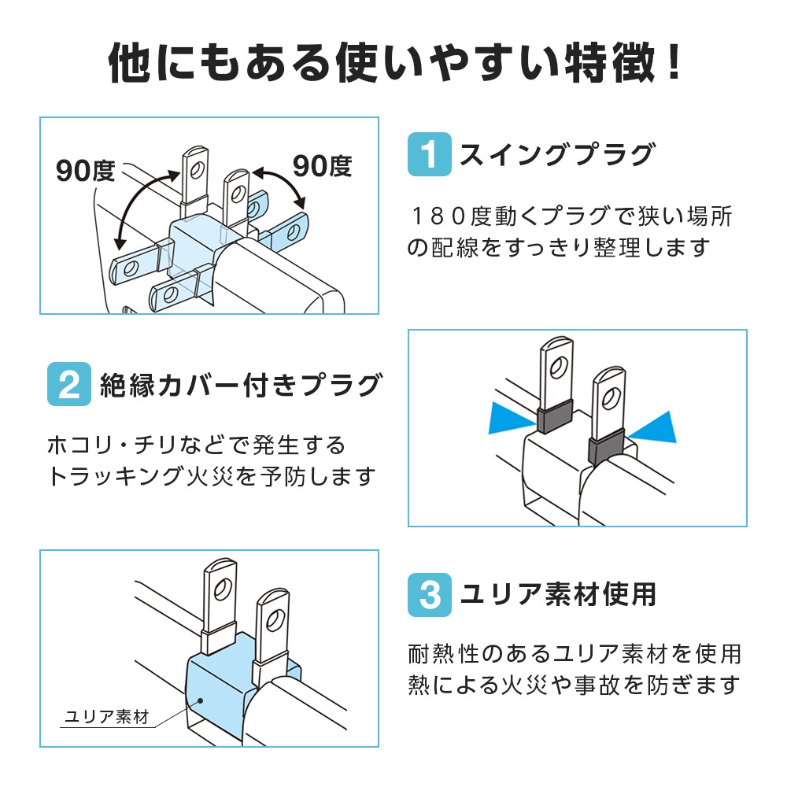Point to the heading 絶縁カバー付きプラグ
pos(241,386)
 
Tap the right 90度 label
pos(322,166)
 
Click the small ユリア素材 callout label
pos(107,718)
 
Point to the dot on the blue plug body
pos(201,699)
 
